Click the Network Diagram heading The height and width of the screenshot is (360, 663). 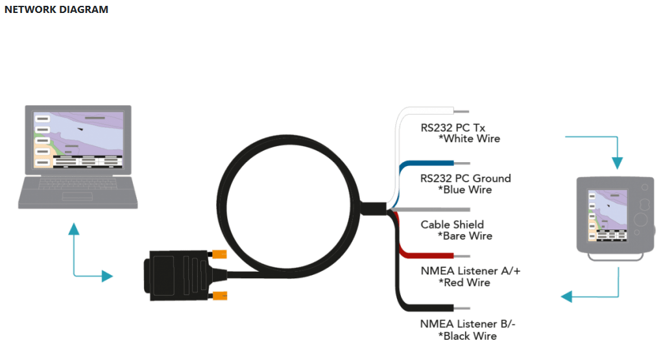56,10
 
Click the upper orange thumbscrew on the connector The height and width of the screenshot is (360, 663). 219,254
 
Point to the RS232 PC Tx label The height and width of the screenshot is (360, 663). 453,128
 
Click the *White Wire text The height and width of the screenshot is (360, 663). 469,139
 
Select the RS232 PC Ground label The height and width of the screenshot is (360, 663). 465,178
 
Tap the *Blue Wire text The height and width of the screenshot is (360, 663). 465,190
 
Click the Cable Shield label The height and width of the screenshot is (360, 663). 452,224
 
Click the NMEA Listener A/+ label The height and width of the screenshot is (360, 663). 470,271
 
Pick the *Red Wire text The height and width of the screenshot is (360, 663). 464,283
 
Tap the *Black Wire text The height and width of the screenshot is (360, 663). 467,336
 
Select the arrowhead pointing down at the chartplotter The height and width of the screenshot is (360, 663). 618,163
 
